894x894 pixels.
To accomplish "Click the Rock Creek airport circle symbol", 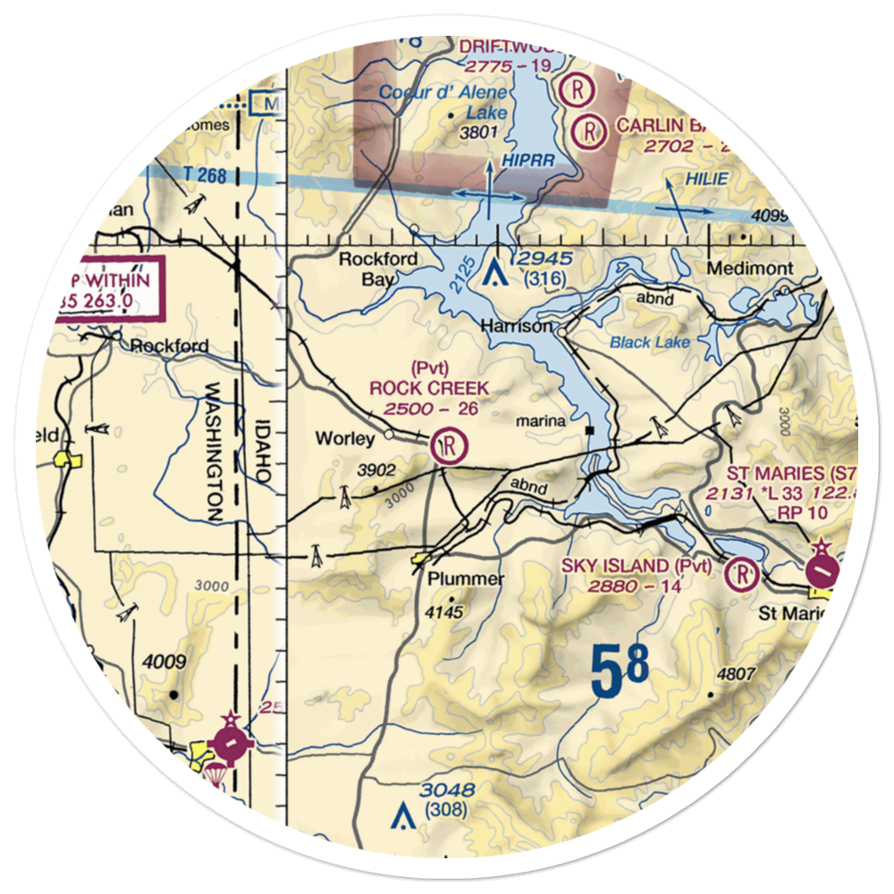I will (449, 443).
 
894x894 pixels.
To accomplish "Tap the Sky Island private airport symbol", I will (742, 573).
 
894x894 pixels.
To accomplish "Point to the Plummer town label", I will (465, 578).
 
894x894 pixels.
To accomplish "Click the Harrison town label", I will (516, 327).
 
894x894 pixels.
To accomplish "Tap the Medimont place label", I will (749, 268).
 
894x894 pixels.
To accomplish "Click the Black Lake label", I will (641, 342).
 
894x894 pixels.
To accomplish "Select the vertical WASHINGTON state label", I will (215, 452).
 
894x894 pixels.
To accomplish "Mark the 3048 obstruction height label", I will (448, 790).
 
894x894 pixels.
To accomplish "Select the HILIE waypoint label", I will (707, 180).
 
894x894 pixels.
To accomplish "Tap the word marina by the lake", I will (545, 420).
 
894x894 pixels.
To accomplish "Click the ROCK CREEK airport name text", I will (429, 388).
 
